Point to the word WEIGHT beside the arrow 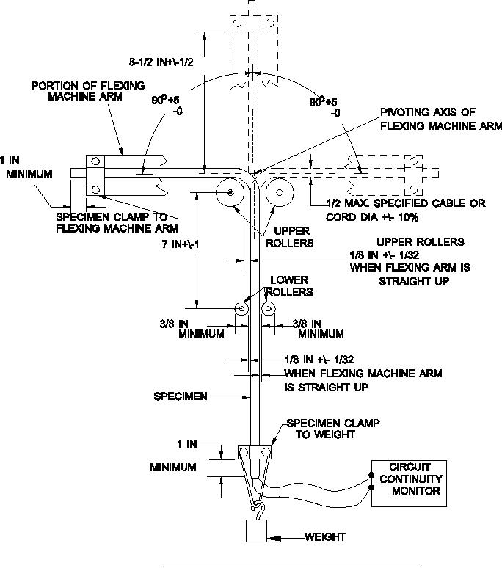click(x=325, y=537)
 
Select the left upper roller click(x=230, y=193)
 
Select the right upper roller click(x=280, y=193)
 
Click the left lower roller click(x=241, y=310)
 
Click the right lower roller click(x=268, y=310)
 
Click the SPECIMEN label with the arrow click(x=180, y=396)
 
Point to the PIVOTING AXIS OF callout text click(x=427, y=112)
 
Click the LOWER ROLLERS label click(x=289, y=285)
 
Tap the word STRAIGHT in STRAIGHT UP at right click(x=396, y=281)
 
